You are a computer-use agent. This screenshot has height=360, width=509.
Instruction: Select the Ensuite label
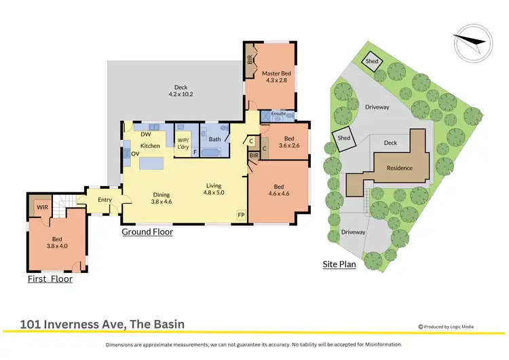[279, 113]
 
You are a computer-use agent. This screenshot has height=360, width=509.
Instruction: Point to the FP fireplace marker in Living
[240, 215]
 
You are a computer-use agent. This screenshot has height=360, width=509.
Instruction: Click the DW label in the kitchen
[145, 134]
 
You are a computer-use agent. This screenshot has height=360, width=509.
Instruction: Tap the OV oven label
[136, 154]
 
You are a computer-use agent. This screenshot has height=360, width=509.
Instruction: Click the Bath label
[214, 139]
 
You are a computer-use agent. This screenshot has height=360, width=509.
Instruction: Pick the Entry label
[105, 200]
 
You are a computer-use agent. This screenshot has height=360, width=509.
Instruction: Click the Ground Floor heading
[147, 232]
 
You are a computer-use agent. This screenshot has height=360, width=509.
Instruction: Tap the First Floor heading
[50, 279]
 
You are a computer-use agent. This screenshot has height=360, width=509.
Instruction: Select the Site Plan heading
[339, 264]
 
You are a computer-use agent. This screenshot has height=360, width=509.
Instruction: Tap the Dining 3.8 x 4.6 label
[162, 197]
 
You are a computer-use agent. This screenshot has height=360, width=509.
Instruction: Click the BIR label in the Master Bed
[250, 59]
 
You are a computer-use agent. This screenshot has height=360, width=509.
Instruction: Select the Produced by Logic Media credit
[446, 327]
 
